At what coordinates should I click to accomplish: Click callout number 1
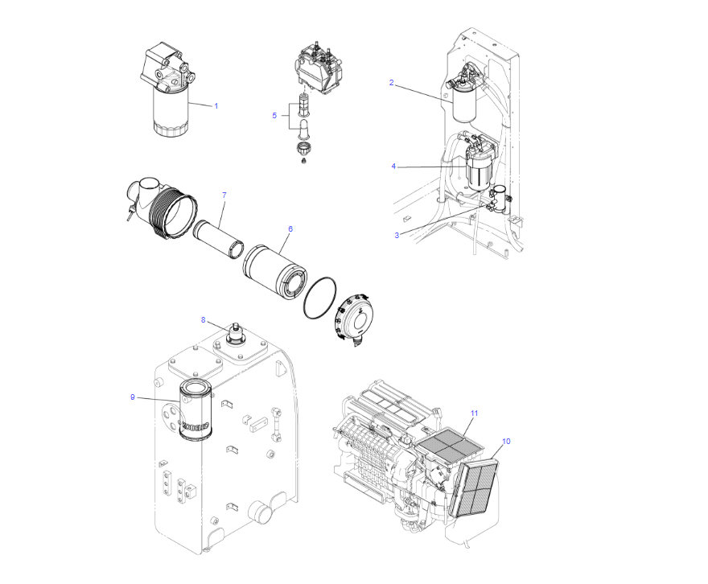pos(216,105)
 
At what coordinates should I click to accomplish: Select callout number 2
pos(391,82)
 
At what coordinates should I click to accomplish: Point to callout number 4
pos(393,167)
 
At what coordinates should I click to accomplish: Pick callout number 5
pos(274,115)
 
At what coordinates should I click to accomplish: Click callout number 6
pos(290,228)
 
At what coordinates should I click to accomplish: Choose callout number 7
pos(224,195)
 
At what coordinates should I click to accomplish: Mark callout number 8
pos(204,320)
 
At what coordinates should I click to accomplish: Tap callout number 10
pos(506,441)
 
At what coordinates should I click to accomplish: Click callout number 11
pos(474,413)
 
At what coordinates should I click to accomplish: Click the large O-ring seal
pos(320,299)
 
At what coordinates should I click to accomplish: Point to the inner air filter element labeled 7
pos(219,239)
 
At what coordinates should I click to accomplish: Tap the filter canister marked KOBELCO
pos(194,412)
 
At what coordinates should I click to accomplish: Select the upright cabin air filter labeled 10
pos(475,484)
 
